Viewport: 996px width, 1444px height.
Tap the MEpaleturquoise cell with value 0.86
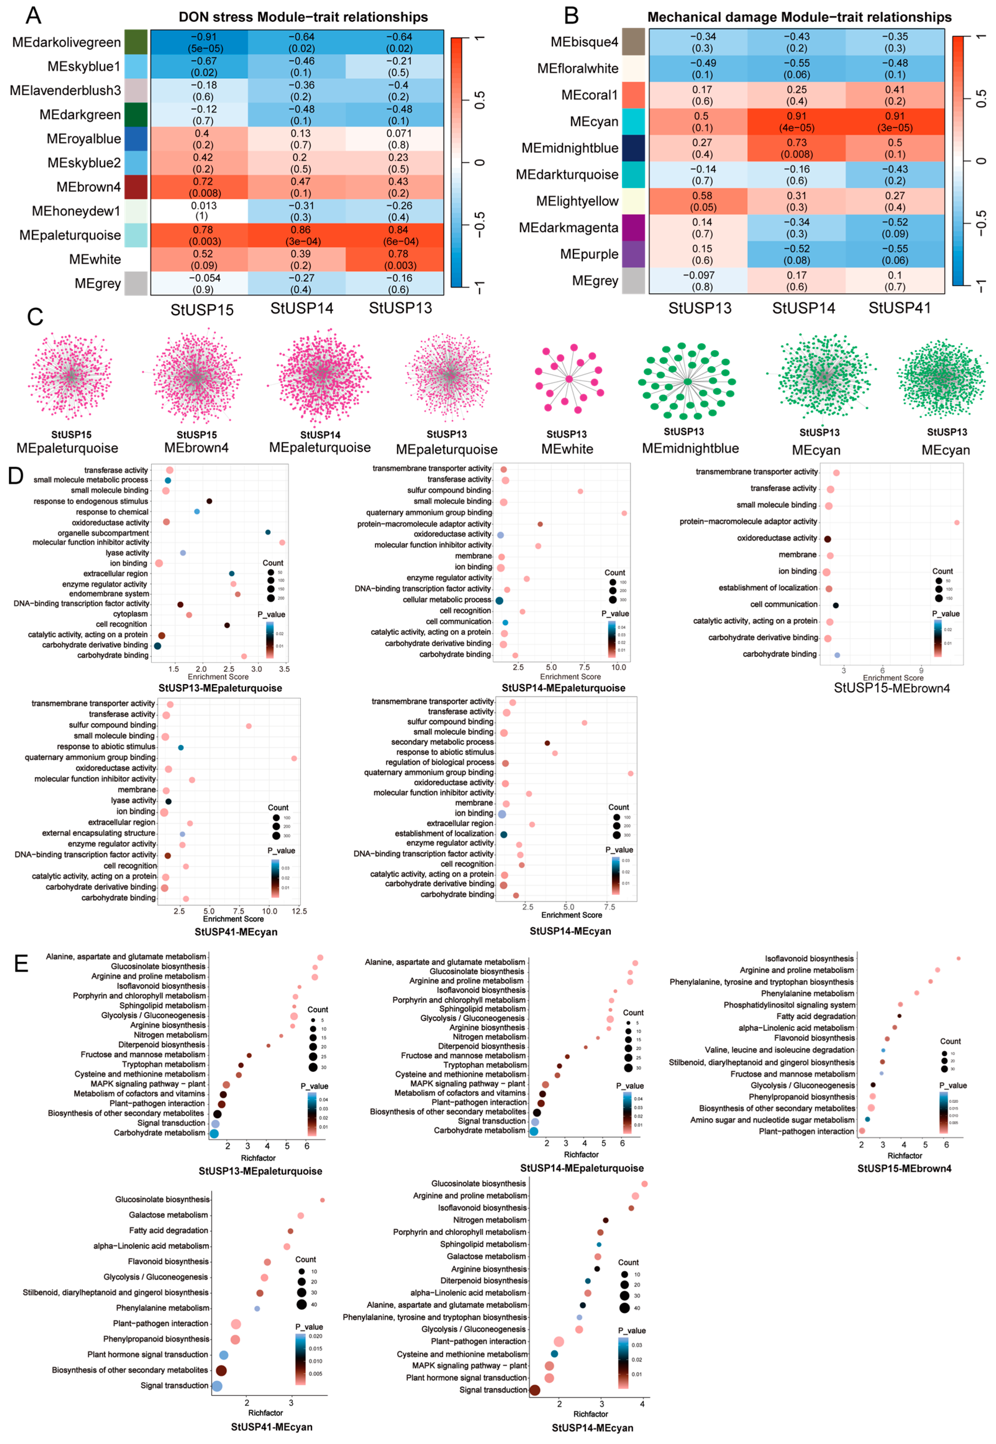point(301,235)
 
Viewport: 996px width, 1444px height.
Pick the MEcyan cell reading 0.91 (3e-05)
point(894,122)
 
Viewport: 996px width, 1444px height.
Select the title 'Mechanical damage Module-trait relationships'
point(799,17)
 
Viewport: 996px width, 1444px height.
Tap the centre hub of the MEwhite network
point(568,379)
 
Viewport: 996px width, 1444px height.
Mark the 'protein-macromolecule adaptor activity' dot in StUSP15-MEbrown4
point(957,523)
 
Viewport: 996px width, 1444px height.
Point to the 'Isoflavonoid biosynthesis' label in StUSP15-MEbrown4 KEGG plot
point(809,958)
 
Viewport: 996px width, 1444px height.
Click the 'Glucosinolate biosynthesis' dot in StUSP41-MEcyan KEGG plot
point(322,1200)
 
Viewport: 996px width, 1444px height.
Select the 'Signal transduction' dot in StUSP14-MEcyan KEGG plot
point(535,1390)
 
